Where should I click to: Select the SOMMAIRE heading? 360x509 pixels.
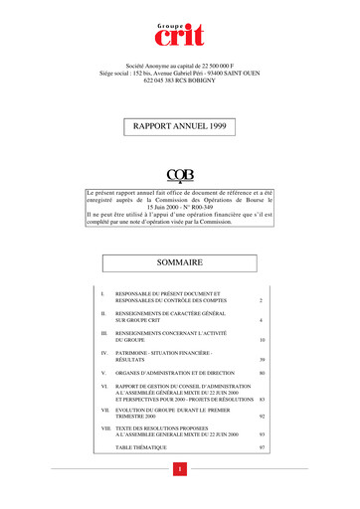pos(179,262)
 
